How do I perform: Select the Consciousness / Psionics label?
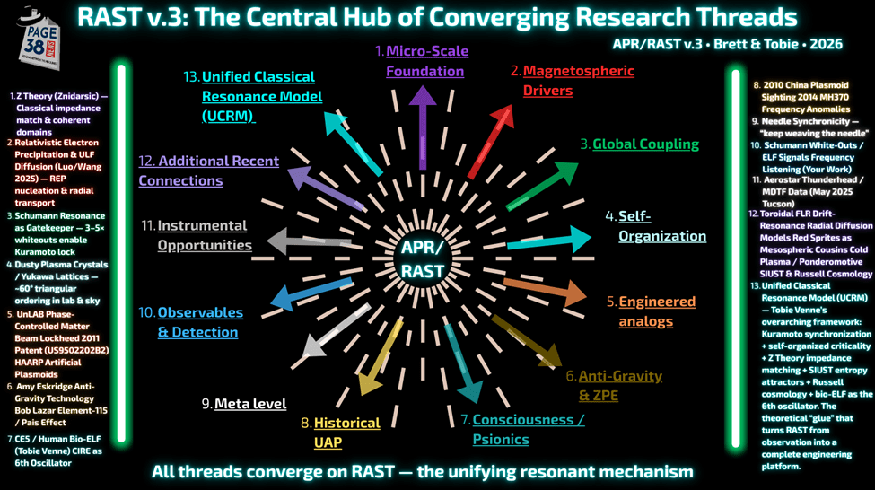(528, 429)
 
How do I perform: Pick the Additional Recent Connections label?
(208, 171)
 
